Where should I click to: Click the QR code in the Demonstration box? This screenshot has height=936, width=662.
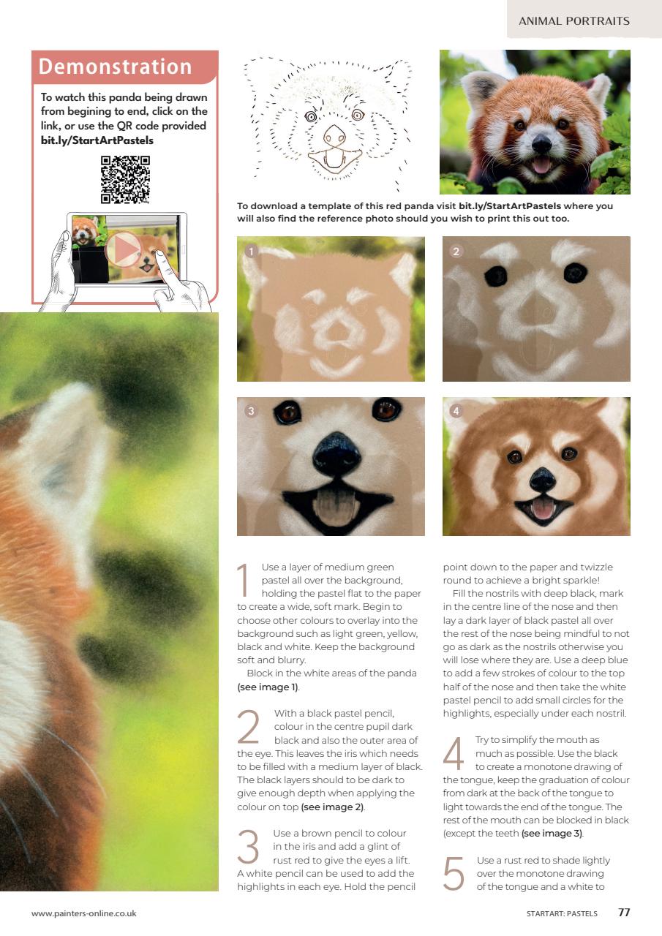(125, 180)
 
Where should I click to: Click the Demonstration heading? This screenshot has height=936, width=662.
(115, 67)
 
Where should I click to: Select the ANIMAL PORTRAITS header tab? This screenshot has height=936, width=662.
(573, 20)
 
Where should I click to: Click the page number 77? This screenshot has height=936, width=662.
(624, 913)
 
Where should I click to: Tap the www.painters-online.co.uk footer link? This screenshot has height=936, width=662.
(83, 913)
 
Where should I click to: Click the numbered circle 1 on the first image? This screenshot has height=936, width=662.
(251, 252)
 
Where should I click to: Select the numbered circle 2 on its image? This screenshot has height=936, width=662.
(456, 252)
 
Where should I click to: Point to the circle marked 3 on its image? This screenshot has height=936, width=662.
(251, 411)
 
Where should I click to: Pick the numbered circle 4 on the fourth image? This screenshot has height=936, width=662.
(456, 411)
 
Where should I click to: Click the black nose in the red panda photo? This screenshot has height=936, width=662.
(542, 143)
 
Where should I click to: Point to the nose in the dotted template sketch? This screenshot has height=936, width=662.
(335, 136)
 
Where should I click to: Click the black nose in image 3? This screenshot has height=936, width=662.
(336, 452)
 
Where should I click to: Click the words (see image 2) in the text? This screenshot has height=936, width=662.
(333, 807)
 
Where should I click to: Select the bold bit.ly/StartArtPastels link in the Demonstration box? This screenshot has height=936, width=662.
(97, 140)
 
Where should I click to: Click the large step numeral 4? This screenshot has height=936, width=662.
(454, 754)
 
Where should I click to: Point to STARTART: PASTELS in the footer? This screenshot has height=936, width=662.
(562, 913)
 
